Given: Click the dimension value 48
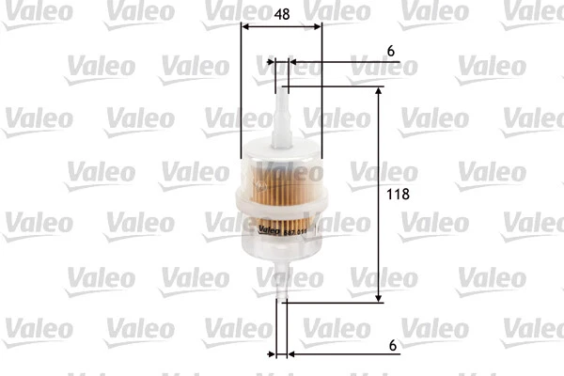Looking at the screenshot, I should (x=283, y=17).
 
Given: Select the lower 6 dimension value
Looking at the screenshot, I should (x=389, y=344).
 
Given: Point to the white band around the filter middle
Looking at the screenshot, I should (x=281, y=201).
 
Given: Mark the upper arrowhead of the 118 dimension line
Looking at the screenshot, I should (x=379, y=92).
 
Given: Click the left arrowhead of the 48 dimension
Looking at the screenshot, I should (x=245, y=26).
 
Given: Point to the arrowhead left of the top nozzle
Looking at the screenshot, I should (x=272, y=63).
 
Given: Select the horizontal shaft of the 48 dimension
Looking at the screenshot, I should (x=282, y=26).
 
